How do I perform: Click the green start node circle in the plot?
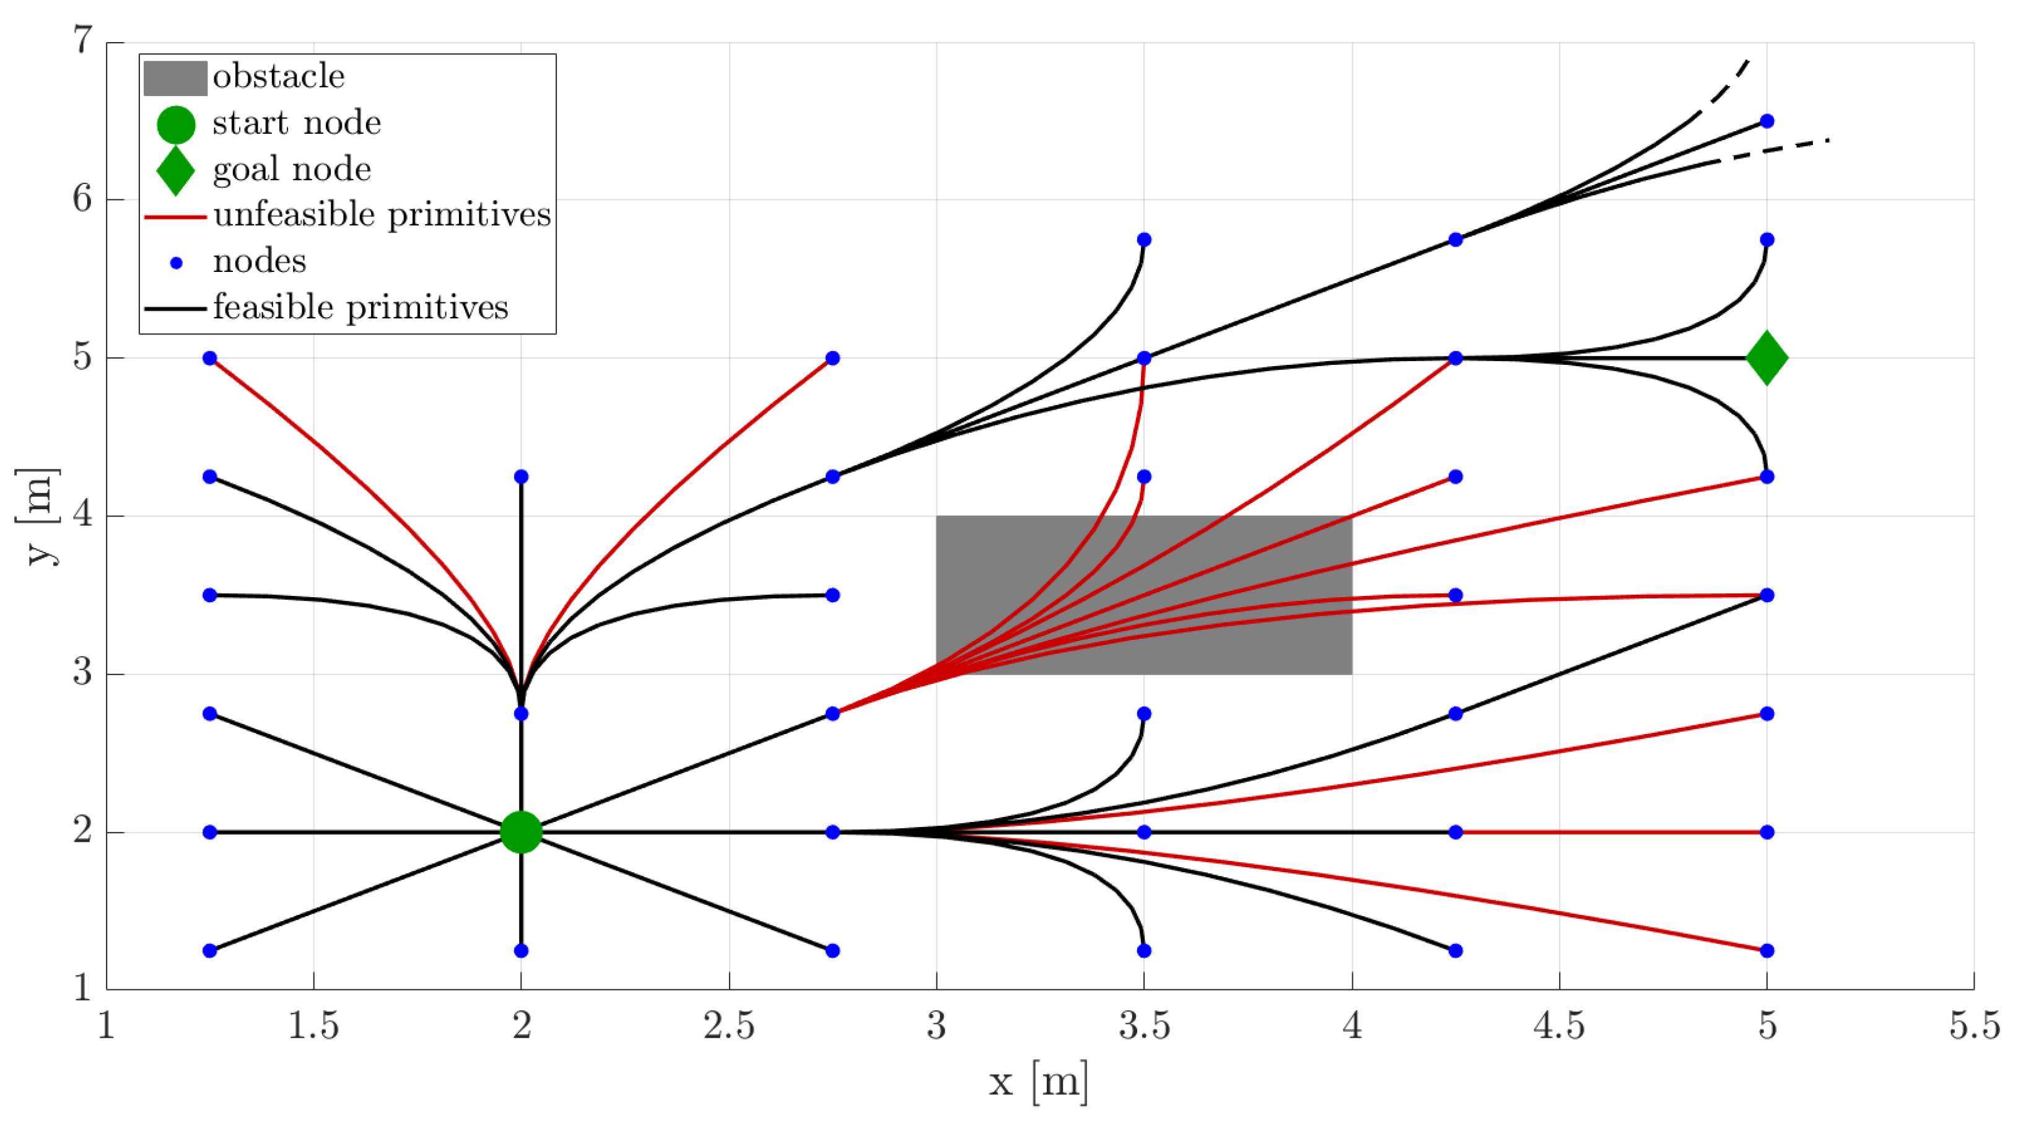pos(521,832)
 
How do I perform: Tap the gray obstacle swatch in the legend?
pos(175,78)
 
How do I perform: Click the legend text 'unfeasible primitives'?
pos(382,214)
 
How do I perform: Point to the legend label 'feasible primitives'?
pos(360,307)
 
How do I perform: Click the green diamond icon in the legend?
pos(175,170)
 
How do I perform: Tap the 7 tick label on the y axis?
pos(83,40)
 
